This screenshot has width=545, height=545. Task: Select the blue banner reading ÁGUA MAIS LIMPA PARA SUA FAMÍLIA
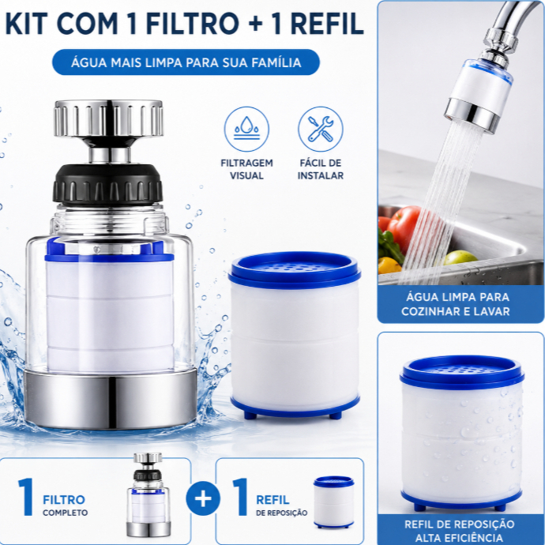click(186, 62)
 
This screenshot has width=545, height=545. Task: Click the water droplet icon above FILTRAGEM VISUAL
click(246, 129)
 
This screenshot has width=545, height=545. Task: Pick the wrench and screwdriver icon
click(321, 129)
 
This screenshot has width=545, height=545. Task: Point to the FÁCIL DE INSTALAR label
click(321, 169)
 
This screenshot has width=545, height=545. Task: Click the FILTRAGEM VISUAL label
click(246, 169)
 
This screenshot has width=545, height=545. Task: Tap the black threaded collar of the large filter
click(107, 184)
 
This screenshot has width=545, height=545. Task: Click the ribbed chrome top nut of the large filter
click(108, 118)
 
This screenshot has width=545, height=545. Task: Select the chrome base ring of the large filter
click(110, 399)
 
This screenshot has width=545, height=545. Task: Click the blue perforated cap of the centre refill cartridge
click(295, 269)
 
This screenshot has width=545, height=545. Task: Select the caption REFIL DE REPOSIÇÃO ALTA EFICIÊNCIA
click(459, 531)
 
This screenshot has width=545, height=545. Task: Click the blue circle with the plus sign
click(203, 498)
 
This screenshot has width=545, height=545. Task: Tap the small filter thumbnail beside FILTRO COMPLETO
click(148, 494)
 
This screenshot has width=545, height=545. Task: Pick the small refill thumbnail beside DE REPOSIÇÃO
click(333, 502)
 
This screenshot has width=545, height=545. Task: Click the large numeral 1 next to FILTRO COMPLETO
click(26, 497)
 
